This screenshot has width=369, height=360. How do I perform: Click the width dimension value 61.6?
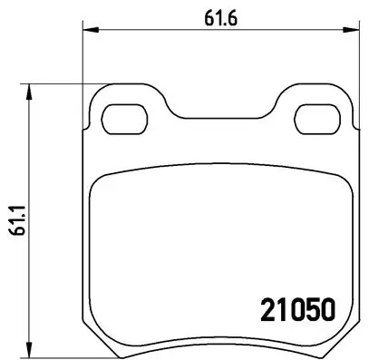(x=213, y=15)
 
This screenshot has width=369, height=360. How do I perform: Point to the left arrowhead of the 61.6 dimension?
(x=88, y=30)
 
